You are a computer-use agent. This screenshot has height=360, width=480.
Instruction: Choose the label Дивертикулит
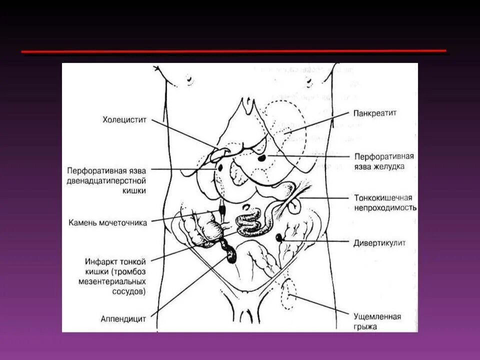point(380,243)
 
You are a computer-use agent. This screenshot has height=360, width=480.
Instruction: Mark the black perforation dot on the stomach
point(262,159)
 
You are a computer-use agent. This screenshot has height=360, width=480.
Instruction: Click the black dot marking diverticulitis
point(279,237)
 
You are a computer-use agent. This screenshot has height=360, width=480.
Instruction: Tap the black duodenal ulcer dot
point(218,168)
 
